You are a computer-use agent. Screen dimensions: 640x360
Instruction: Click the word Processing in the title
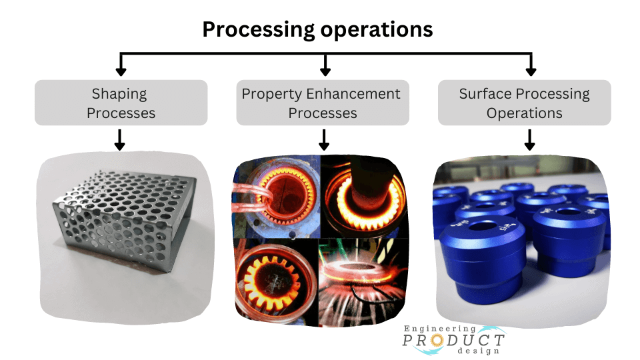tap(259, 30)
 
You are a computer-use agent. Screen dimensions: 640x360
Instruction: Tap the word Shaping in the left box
tap(119, 94)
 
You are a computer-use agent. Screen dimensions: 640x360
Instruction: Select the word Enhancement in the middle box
tap(353, 93)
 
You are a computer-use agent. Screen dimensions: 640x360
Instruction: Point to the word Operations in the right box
tap(525, 113)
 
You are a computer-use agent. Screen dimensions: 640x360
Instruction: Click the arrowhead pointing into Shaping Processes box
tap(121, 71)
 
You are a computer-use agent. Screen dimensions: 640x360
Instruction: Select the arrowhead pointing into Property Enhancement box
tap(325, 71)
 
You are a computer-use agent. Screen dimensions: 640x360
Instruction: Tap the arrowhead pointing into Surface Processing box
tap(531, 71)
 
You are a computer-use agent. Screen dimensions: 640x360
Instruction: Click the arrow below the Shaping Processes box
tap(119, 140)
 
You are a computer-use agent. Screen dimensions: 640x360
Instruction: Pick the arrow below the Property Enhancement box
tap(324, 140)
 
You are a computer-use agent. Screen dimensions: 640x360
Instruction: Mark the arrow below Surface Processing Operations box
tap(529, 140)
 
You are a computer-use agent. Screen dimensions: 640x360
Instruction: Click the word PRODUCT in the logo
tap(453, 339)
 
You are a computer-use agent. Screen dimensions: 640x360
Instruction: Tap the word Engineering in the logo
tap(440, 329)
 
